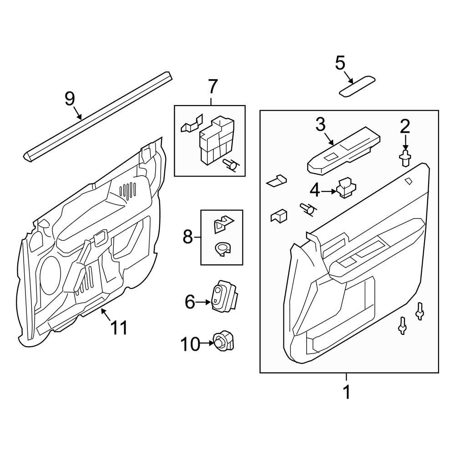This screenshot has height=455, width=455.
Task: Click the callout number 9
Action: [69, 98]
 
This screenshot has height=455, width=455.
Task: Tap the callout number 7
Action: [213, 86]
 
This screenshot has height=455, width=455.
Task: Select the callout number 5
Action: [340, 63]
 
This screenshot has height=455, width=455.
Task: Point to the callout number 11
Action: [119, 328]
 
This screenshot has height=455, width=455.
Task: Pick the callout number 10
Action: [191, 344]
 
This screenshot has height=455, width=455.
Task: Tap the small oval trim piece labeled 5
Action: [358, 86]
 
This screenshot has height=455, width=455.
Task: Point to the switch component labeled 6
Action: [224, 296]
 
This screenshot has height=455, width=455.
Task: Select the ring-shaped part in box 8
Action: [222, 248]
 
